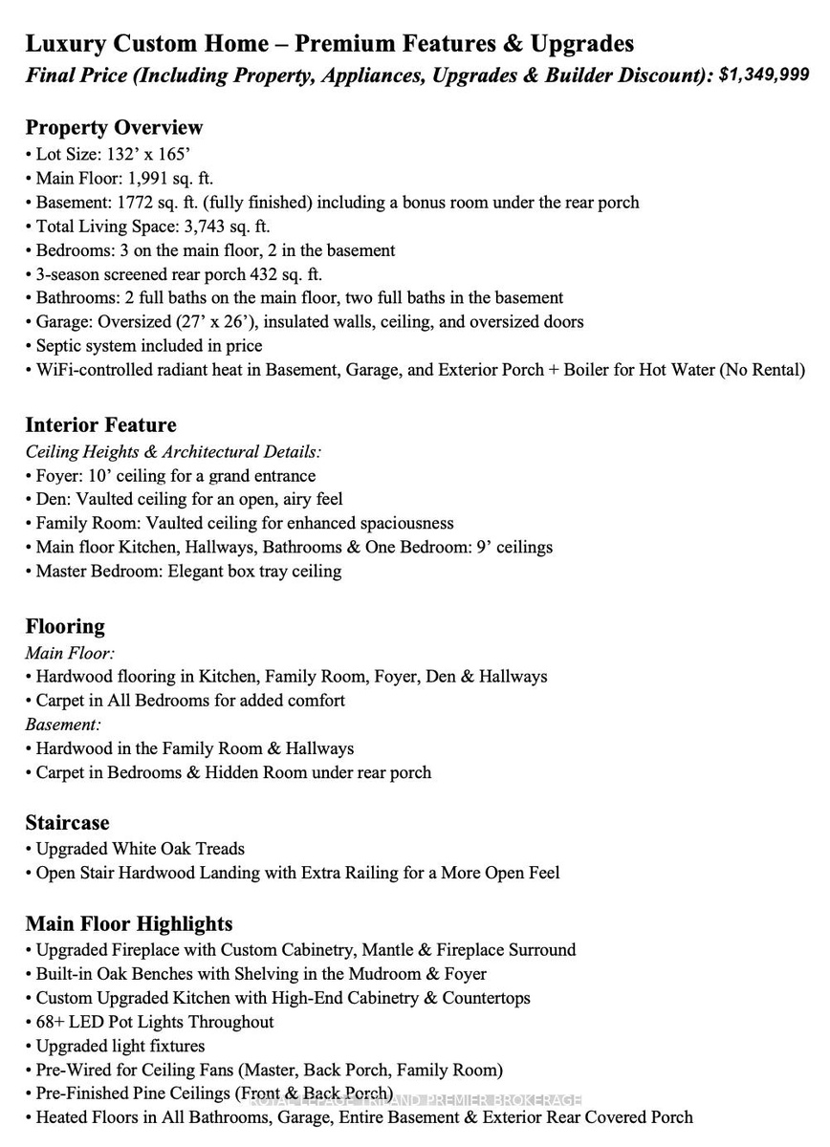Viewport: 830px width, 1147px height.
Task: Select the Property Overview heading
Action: (x=114, y=127)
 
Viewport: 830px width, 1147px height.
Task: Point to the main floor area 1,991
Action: (x=149, y=178)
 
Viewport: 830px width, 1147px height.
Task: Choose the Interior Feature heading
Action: (x=100, y=424)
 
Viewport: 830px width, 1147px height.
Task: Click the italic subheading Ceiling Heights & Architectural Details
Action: (x=173, y=451)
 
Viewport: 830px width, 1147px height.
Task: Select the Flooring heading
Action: (x=65, y=626)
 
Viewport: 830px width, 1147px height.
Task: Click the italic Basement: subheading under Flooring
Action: (x=63, y=725)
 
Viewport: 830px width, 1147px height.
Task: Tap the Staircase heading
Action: (x=67, y=822)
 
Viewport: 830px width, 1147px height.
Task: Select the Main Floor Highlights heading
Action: (x=129, y=923)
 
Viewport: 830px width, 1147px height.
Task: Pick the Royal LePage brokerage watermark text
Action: (x=415, y=1100)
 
